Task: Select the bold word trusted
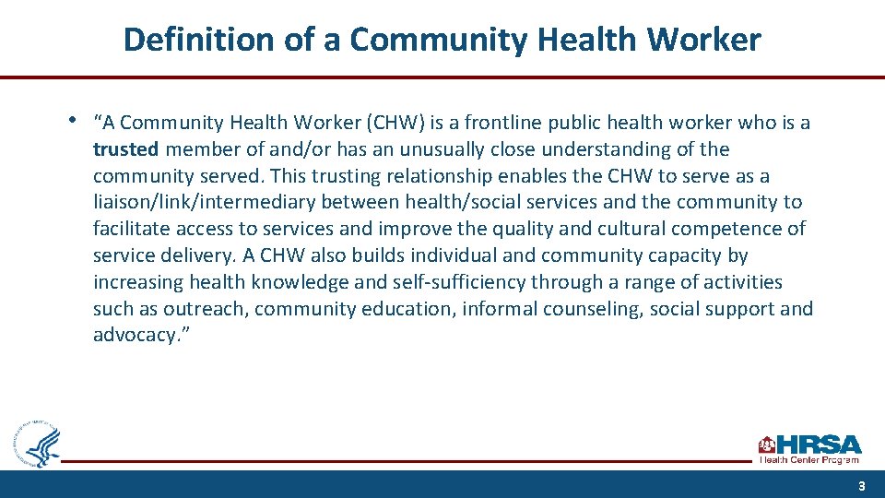click(126, 149)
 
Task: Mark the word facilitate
click(131, 229)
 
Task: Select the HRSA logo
click(809, 447)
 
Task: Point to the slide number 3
click(861, 486)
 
